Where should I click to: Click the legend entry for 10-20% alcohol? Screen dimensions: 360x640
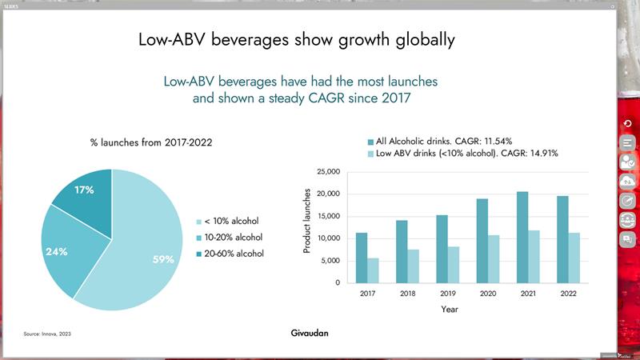[x=233, y=238]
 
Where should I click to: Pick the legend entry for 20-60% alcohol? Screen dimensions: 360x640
[x=233, y=254]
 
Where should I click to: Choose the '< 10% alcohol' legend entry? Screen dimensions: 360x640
[x=231, y=221]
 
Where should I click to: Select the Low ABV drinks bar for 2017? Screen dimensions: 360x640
[x=374, y=270]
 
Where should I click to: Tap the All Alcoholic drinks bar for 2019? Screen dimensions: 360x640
[x=442, y=249]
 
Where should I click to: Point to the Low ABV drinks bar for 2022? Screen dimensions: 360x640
[x=573, y=258]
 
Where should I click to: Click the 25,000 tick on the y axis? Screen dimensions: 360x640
[x=329, y=172]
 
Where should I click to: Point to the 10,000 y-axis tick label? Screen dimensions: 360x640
[x=329, y=238]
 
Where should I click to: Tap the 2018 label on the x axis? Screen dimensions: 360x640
[x=407, y=294]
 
